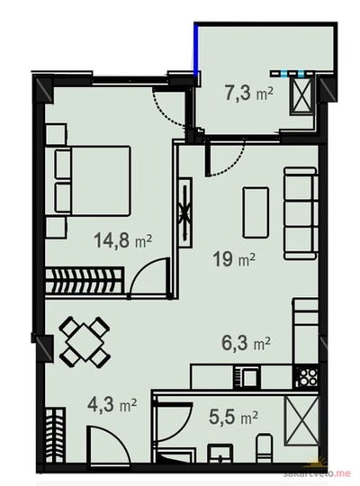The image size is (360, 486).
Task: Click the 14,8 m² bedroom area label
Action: click(122, 241)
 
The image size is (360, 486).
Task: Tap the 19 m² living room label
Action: click(234, 259)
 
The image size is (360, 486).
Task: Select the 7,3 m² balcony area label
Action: click(249, 94)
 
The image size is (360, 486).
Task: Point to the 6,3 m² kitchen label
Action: click(247, 343)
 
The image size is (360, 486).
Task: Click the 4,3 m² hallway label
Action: click(112, 405)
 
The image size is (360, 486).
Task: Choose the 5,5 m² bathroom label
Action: click(233, 417)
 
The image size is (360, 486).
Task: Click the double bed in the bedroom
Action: click(88, 181)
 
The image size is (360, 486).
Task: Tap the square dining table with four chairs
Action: click(85, 342)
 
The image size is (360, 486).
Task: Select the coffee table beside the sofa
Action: click(256, 212)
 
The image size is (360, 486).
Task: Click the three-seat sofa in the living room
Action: click(301, 213)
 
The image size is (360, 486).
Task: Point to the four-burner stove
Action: click(307, 376)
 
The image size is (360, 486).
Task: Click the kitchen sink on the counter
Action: click(247, 377)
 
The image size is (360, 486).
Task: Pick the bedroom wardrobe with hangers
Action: click(85, 280)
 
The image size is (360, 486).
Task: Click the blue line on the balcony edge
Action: click(196, 49)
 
